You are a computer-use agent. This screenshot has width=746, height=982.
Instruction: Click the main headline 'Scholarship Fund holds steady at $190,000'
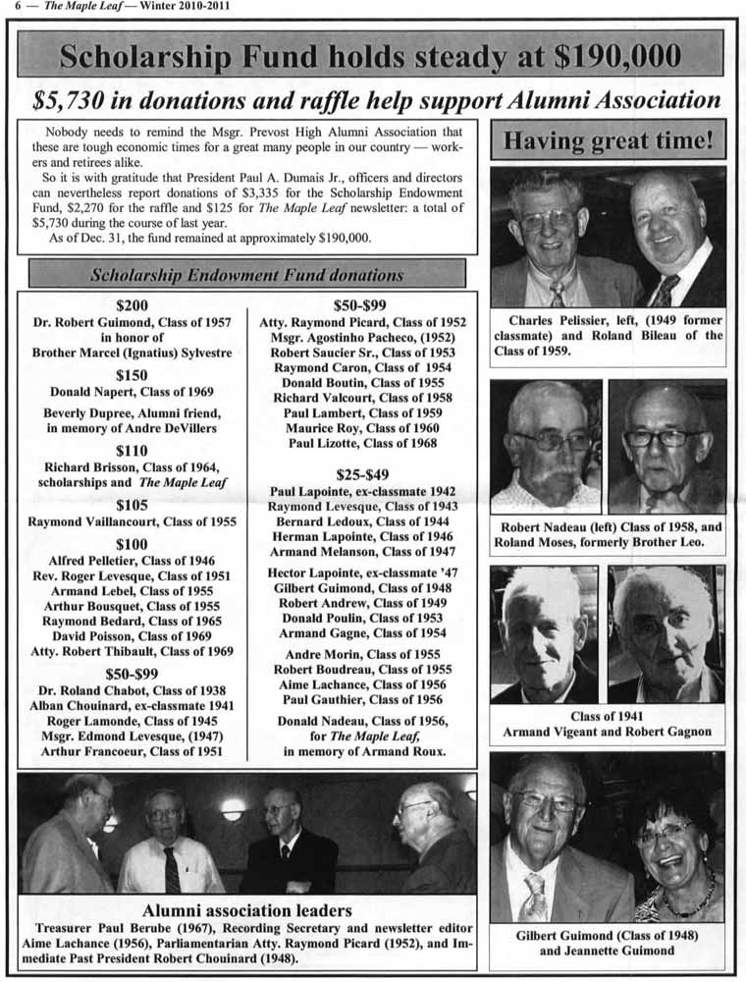(x=370, y=54)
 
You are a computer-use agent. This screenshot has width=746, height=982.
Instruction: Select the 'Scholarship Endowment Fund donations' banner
(x=246, y=274)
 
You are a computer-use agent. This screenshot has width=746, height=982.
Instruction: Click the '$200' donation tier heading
(x=132, y=305)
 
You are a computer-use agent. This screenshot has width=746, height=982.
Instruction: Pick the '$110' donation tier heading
(x=132, y=450)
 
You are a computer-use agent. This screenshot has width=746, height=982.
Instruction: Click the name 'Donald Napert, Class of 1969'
(x=132, y=392)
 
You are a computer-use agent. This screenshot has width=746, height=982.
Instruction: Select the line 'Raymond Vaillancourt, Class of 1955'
(x=132, y=521)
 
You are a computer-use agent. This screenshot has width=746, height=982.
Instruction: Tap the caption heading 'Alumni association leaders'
(x=246, y=910)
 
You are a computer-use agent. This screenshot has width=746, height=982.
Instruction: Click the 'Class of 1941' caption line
(x=607, y=717)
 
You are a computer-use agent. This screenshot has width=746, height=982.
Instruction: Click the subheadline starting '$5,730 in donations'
(x=376, y=99)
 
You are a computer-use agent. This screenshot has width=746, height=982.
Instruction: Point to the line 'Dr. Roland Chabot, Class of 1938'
(x=132, y=690)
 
